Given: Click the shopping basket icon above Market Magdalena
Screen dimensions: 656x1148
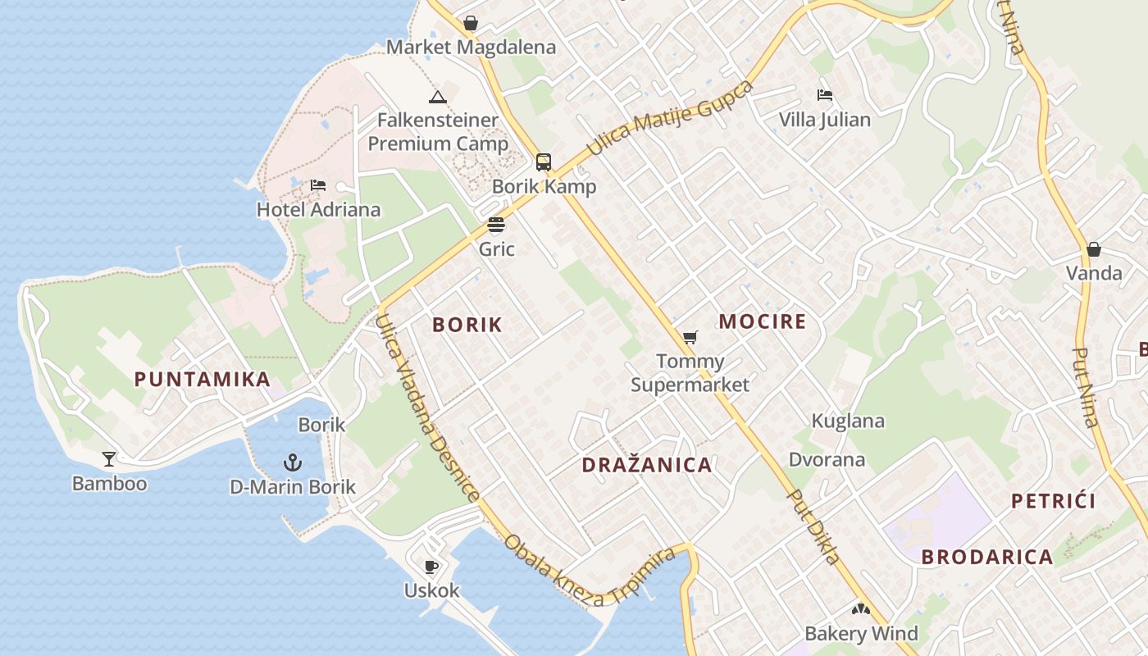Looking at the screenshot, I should click(x=471, y=23).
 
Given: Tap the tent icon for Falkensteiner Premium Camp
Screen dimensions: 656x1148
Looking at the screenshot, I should click(x=438, y=97).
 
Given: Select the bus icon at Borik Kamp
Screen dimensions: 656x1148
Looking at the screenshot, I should click(x=544, y=162).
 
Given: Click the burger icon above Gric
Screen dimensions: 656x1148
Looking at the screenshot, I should click(x=496, y=225).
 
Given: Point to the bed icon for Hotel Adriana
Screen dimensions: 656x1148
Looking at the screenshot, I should click(x=318, y=185).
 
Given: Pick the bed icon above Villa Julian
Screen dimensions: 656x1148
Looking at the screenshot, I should click(x=825, y=95).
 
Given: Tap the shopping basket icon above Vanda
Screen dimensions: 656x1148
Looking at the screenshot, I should click(x=1093, y=249).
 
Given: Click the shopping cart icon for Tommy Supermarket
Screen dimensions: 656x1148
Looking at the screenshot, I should click(x=690, y=337).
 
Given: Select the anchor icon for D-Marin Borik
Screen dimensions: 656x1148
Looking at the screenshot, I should click(x=293, y=462).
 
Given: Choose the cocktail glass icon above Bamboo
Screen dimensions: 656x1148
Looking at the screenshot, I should click(x=109, y=459).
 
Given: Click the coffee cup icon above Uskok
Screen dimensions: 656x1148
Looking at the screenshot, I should click(x=431, y=566).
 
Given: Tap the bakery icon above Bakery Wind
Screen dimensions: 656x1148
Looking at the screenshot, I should click(x=860, y=609).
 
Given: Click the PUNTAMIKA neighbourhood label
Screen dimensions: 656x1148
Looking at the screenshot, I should click(x=203, y=379).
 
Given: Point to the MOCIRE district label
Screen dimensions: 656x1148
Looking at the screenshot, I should click(x=763, y=321).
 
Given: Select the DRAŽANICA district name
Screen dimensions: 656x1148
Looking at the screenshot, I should click(x=647, y=465).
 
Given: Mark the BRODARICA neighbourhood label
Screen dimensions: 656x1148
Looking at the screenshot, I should click(x=987, y=557).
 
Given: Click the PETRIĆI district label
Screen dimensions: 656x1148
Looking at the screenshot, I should click(x=1054, y=501).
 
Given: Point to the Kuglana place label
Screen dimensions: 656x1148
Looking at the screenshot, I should click(x=848, y=421).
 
